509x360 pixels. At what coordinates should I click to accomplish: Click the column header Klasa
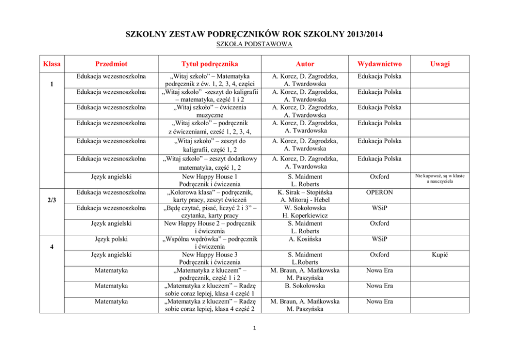(51, 64)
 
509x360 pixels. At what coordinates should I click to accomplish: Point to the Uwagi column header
(440, 64)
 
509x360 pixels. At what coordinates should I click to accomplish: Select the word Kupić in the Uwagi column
(440, 255)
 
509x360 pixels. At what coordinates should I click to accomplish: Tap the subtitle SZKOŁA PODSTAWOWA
(254, 45)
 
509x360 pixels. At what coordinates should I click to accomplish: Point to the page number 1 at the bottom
(254, 328)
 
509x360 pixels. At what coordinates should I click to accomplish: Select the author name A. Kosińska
(298, 239)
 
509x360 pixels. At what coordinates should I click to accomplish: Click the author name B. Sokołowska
(298, 286)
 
